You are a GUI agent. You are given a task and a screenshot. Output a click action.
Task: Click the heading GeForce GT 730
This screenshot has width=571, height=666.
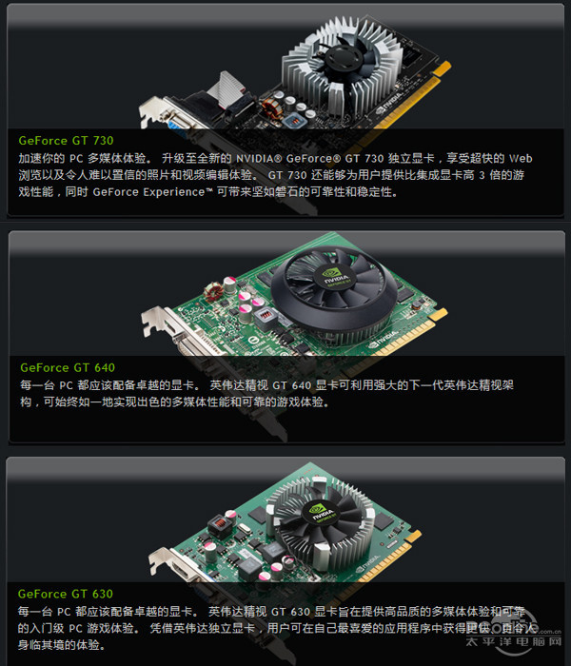coord(66,141)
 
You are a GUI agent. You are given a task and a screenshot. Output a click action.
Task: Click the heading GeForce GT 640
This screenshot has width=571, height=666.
coord(67,367)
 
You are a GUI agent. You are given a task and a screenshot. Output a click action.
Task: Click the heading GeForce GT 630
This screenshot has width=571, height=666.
coord(66,594)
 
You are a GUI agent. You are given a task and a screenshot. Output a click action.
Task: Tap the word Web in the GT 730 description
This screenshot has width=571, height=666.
coord(520,158)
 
